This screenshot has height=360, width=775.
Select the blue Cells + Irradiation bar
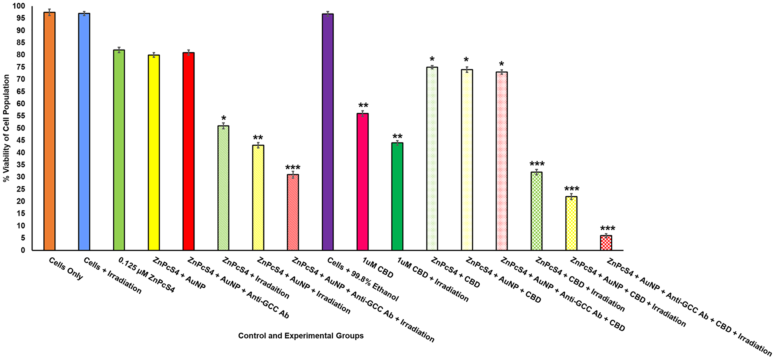(84, 132)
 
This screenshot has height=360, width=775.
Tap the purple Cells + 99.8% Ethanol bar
(328, 132)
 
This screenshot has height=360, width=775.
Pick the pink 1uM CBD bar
(363, 182)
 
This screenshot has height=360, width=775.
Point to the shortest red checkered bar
(606, 243)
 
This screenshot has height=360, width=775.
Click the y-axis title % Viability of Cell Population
(6, 128)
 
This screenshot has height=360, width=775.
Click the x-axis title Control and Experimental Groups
(301, 336)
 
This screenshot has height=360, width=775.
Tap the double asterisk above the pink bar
(363, 106)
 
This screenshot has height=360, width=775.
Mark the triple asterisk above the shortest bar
(607, 229)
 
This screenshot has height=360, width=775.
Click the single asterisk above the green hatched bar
(224, 118)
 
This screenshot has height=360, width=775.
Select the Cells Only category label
(66, 269)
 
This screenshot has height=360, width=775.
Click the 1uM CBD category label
(378, 269)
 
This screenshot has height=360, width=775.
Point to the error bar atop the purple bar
(328, 14)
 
